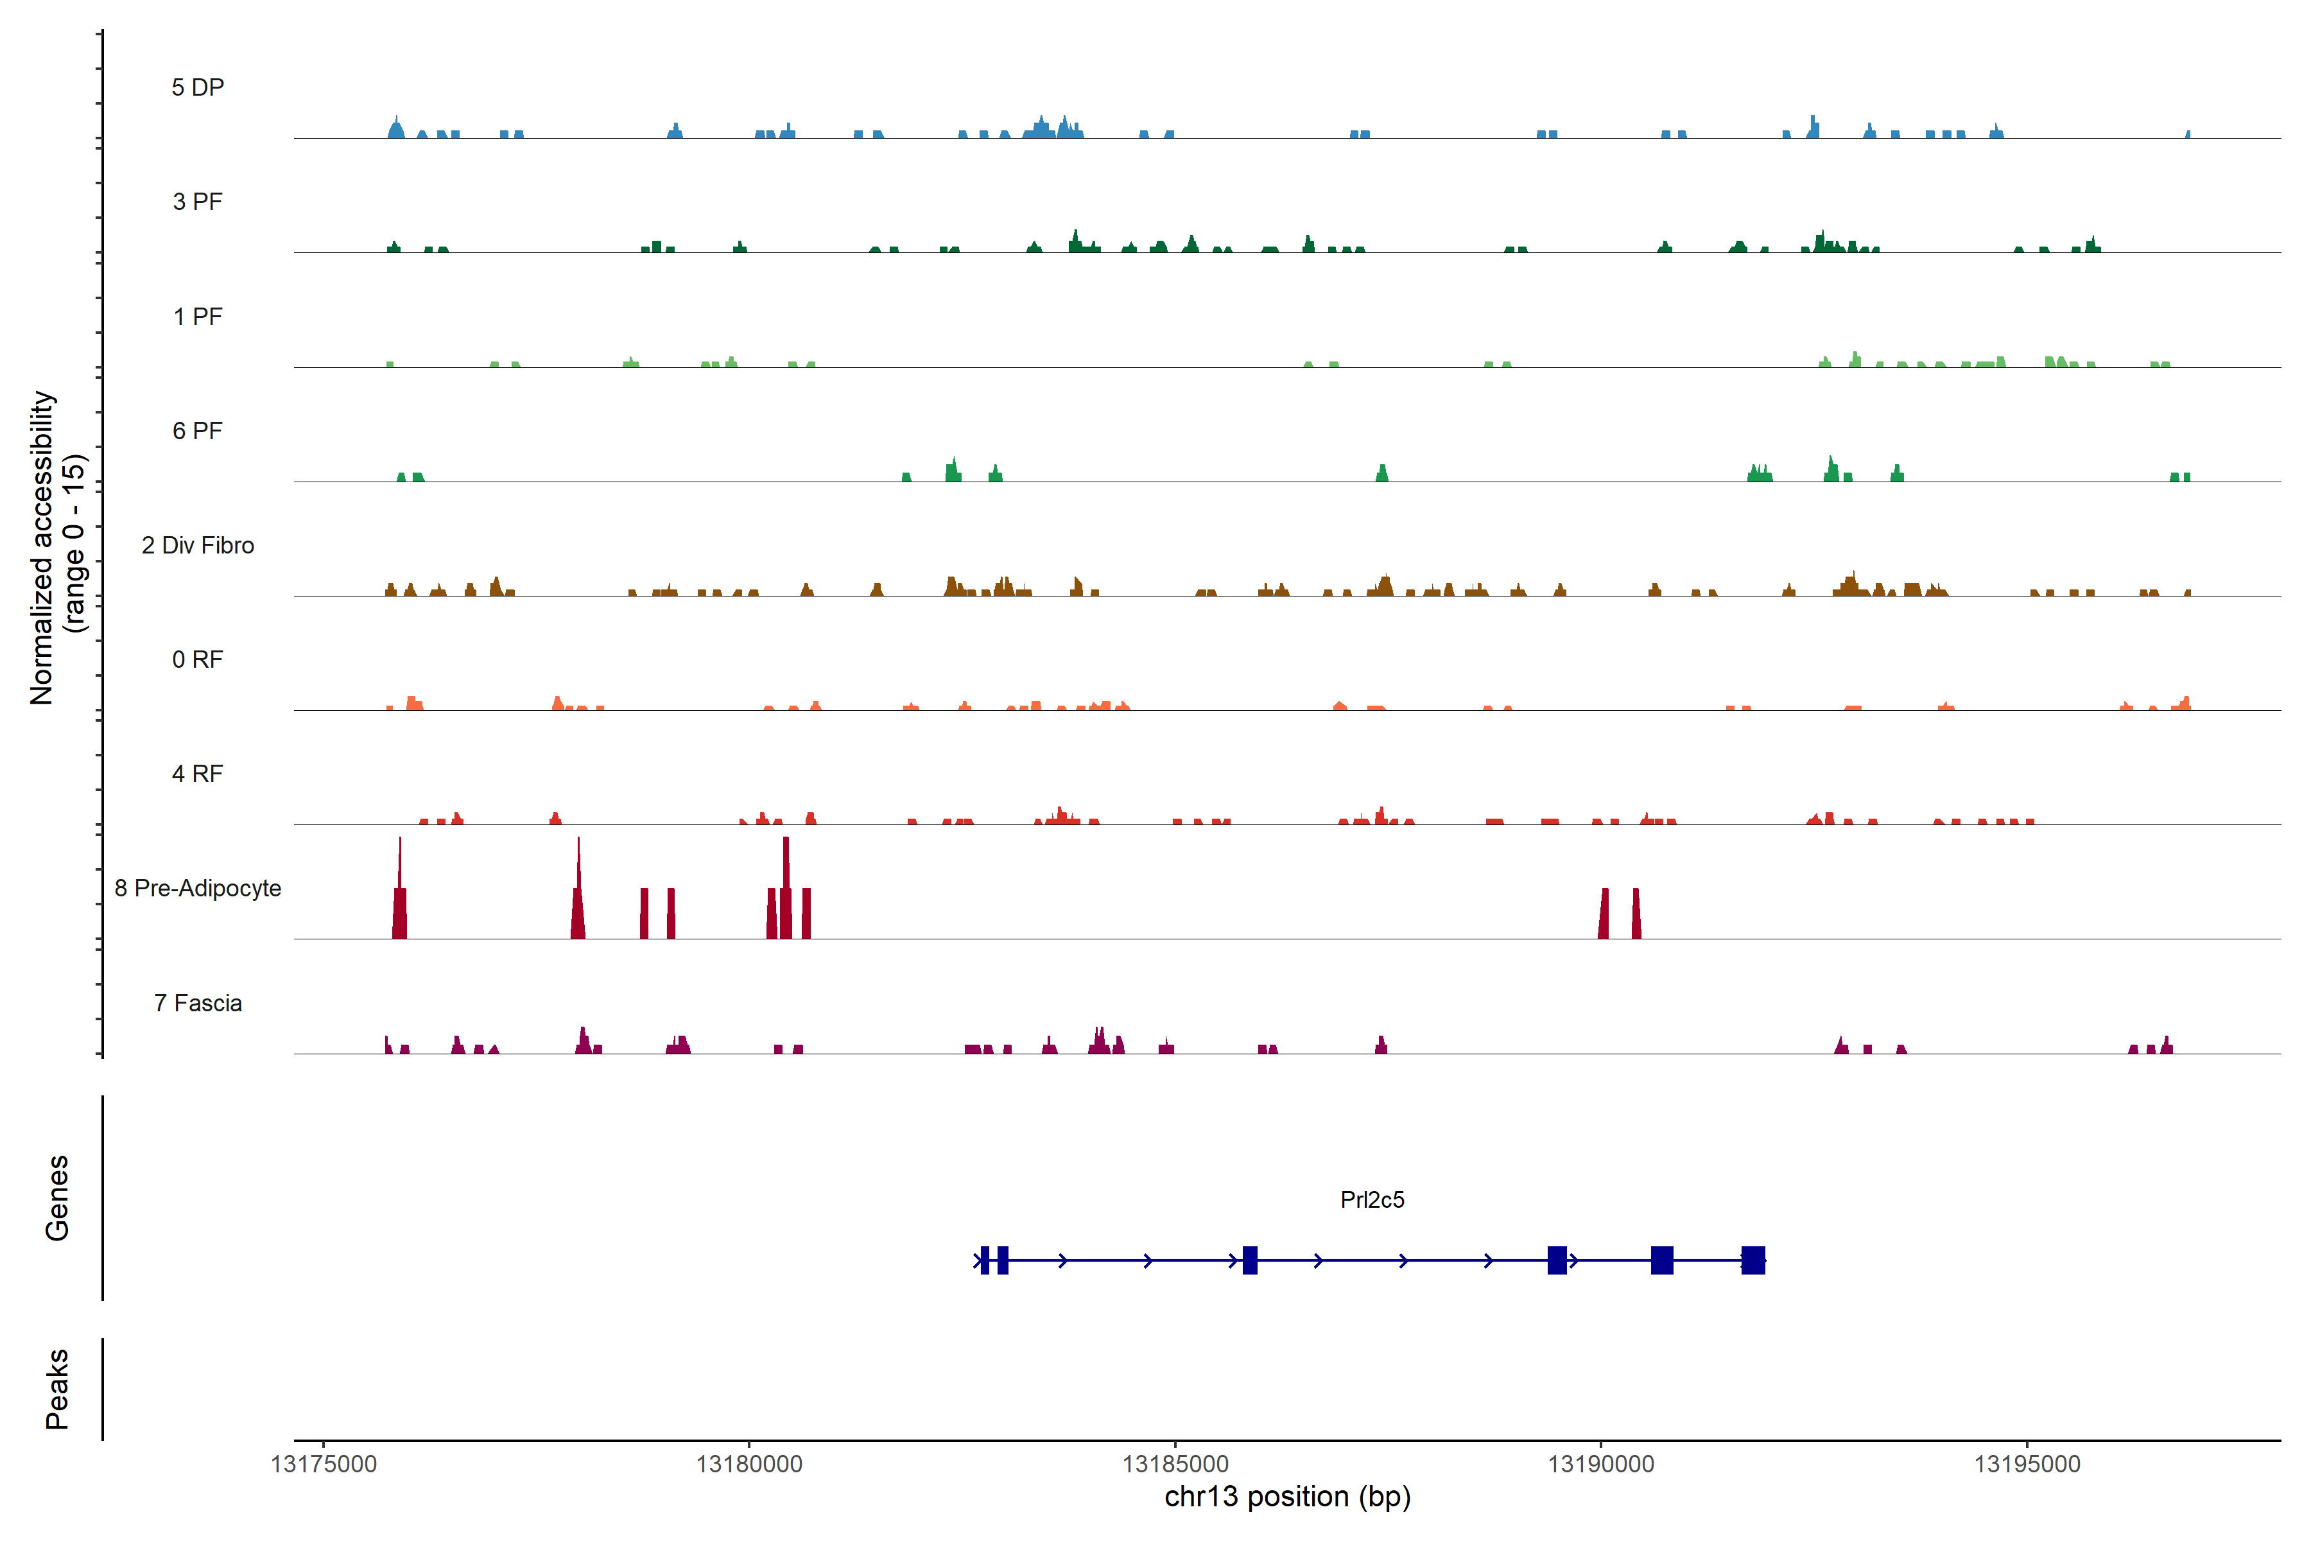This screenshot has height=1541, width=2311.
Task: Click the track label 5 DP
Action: [198, 87]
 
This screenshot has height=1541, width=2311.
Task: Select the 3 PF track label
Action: [198, 202]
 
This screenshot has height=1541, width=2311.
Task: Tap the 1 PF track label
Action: [198, 317]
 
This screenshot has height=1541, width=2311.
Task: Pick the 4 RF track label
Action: [198, 774]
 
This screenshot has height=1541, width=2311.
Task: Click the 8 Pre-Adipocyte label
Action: [198, 889]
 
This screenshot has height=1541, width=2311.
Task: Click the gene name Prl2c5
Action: [1372, 1200]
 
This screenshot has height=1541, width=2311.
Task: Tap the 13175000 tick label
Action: [324, 1465]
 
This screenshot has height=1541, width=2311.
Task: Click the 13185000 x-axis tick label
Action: [1175, 1465]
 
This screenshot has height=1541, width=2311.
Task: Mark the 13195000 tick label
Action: [2027, 1465]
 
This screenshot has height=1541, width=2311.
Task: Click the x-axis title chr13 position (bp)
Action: [1287, 1497]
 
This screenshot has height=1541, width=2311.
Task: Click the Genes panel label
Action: [57, 1198]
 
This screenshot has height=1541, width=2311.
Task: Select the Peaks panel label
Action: [57, 1389]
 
